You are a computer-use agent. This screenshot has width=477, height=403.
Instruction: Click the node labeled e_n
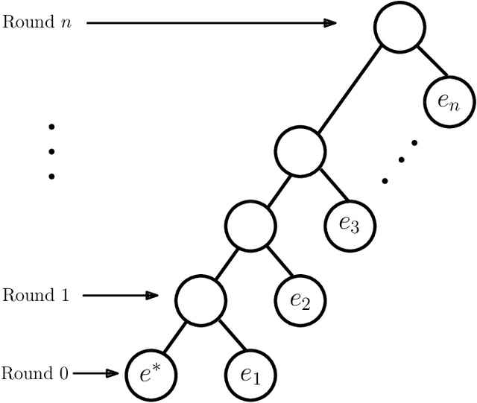(x=449, y=102)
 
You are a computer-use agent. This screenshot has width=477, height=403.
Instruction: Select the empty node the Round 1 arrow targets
(x=200, y=299)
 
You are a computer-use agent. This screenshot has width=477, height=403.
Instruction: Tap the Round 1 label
(x=36, y=295)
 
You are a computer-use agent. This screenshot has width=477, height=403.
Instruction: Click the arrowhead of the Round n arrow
(x=330, y=23)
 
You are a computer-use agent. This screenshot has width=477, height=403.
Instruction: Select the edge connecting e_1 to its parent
(x=225, y=336)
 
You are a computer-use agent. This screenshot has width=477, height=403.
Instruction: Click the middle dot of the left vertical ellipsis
(x=51, y=152)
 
